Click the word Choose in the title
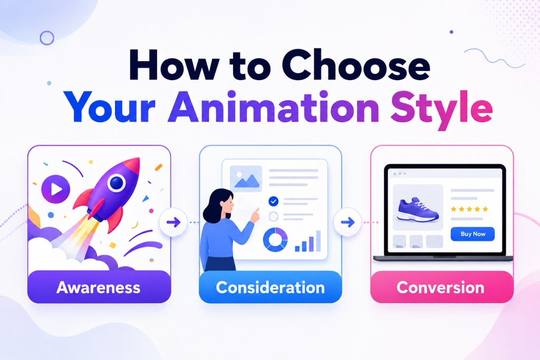tap(356, 65)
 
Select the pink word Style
tap(441, 110)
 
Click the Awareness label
tap(99, 287)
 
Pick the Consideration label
tap(271, 287)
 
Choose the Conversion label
tap(440, 287)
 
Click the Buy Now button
tap(472, 234)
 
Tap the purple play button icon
tap(56, 189)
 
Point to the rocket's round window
tap(117, 183)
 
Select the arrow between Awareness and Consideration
tap(173, 222)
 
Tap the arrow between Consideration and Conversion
tap(348, 222)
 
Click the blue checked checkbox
tap(274, 201)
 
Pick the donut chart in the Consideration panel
tap(275, 239)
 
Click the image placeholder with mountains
tap(246, 179)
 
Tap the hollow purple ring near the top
tap(47, 38)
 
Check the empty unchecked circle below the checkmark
tap(274, 217)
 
